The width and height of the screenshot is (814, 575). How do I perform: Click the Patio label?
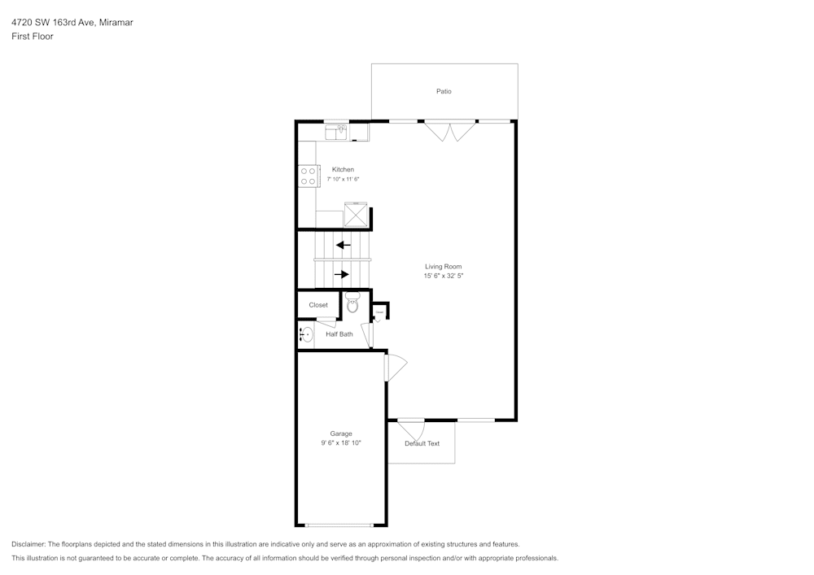coord(444,92)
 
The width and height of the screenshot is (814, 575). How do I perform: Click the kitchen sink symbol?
coord(336,130)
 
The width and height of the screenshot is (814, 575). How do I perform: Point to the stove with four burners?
coord(308,176)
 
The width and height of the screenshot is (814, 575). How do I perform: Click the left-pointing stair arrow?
coord(344,244)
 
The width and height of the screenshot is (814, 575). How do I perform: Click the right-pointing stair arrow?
coord(342,274)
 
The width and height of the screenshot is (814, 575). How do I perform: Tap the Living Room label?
coord(443,267)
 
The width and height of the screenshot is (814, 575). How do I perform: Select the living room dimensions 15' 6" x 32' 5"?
coord(443,277)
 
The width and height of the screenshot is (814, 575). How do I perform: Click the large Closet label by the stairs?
coord(318,305)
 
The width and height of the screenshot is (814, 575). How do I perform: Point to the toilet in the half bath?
coord(352,303)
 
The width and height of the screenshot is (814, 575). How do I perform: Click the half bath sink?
coord(306,334)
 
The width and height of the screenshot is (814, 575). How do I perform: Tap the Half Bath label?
coord(339,334)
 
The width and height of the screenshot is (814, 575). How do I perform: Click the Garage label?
coord(341,433)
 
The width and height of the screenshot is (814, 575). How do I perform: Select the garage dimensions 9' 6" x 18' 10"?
coord(341,443)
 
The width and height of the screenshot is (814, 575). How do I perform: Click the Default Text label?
coord(422,444)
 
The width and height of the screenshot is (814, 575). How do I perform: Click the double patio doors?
coord(449,131)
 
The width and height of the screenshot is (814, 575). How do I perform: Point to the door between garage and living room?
coord(394,368)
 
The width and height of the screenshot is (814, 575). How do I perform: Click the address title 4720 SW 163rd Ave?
coord(72,23)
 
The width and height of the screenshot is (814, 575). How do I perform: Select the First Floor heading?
coord(33,37)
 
